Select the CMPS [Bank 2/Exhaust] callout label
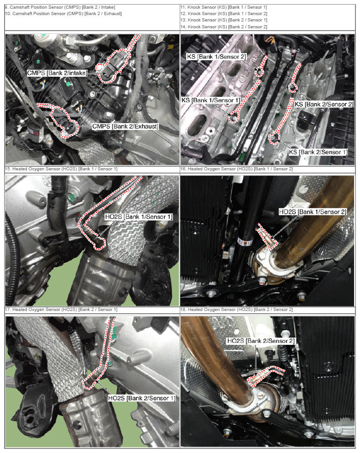125,126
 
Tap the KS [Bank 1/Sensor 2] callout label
216,57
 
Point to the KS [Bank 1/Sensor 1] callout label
210,100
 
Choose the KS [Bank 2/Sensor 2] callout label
323,104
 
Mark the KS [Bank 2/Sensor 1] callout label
318,152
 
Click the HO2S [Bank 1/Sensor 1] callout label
139,216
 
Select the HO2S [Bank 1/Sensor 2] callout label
313,212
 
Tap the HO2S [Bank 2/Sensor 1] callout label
141,398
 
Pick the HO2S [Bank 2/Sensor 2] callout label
261,341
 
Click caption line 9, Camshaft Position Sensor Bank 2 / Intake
60,7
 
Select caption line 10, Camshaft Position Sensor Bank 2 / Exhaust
63,14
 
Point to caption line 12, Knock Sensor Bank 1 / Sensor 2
224,14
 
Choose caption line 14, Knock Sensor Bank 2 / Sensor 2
224,27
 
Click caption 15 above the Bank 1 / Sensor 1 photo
61,169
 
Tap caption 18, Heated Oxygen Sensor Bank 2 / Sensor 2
236,310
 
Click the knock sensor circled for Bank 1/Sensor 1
234,117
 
